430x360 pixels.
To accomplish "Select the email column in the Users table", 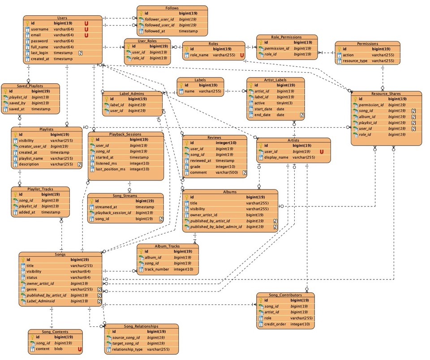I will click(36, 35).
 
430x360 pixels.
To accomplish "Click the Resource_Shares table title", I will click(387, 94).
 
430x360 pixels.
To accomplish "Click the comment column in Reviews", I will click(198, 172).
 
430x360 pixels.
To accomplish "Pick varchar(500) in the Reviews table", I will click(227, 172).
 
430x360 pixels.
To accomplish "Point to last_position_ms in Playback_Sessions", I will click(111, 169).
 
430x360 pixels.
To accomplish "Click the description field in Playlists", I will click(29, 164).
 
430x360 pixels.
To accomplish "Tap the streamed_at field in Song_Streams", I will click(106, 207).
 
